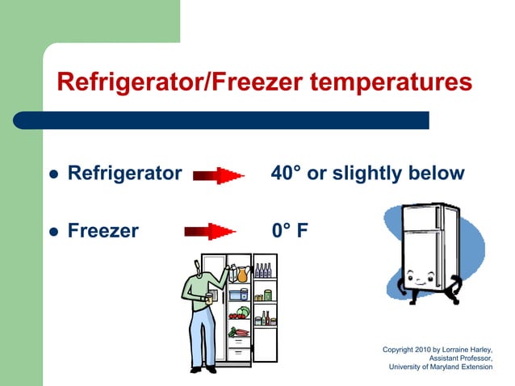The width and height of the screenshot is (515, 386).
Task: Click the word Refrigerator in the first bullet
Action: [124, 173]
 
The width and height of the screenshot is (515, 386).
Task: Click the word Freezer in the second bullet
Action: [103, 231]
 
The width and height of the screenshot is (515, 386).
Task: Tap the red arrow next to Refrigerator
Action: [219, 174]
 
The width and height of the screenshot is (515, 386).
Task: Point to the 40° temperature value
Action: [286, 173]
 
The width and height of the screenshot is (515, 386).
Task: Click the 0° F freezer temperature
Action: [290, 231]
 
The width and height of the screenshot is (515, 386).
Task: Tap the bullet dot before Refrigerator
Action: [54, 174]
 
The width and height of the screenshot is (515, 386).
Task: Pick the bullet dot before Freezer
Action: [54, 233]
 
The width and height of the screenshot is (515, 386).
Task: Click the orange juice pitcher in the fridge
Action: [241, 275]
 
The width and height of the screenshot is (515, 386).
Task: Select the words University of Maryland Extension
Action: [440, 367]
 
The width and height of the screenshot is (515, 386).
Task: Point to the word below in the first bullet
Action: [435, 173]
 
